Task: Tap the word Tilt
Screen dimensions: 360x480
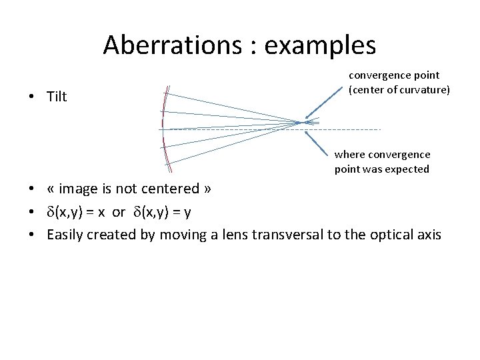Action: click(x=57, y=97)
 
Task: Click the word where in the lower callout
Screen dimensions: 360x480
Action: click(x=349, y=155)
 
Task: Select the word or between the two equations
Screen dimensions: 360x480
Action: click(x=119, y=211)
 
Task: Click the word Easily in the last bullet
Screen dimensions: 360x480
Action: click(x=67, y=234)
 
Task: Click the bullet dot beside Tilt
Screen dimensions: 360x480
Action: click(x=32, y=97)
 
